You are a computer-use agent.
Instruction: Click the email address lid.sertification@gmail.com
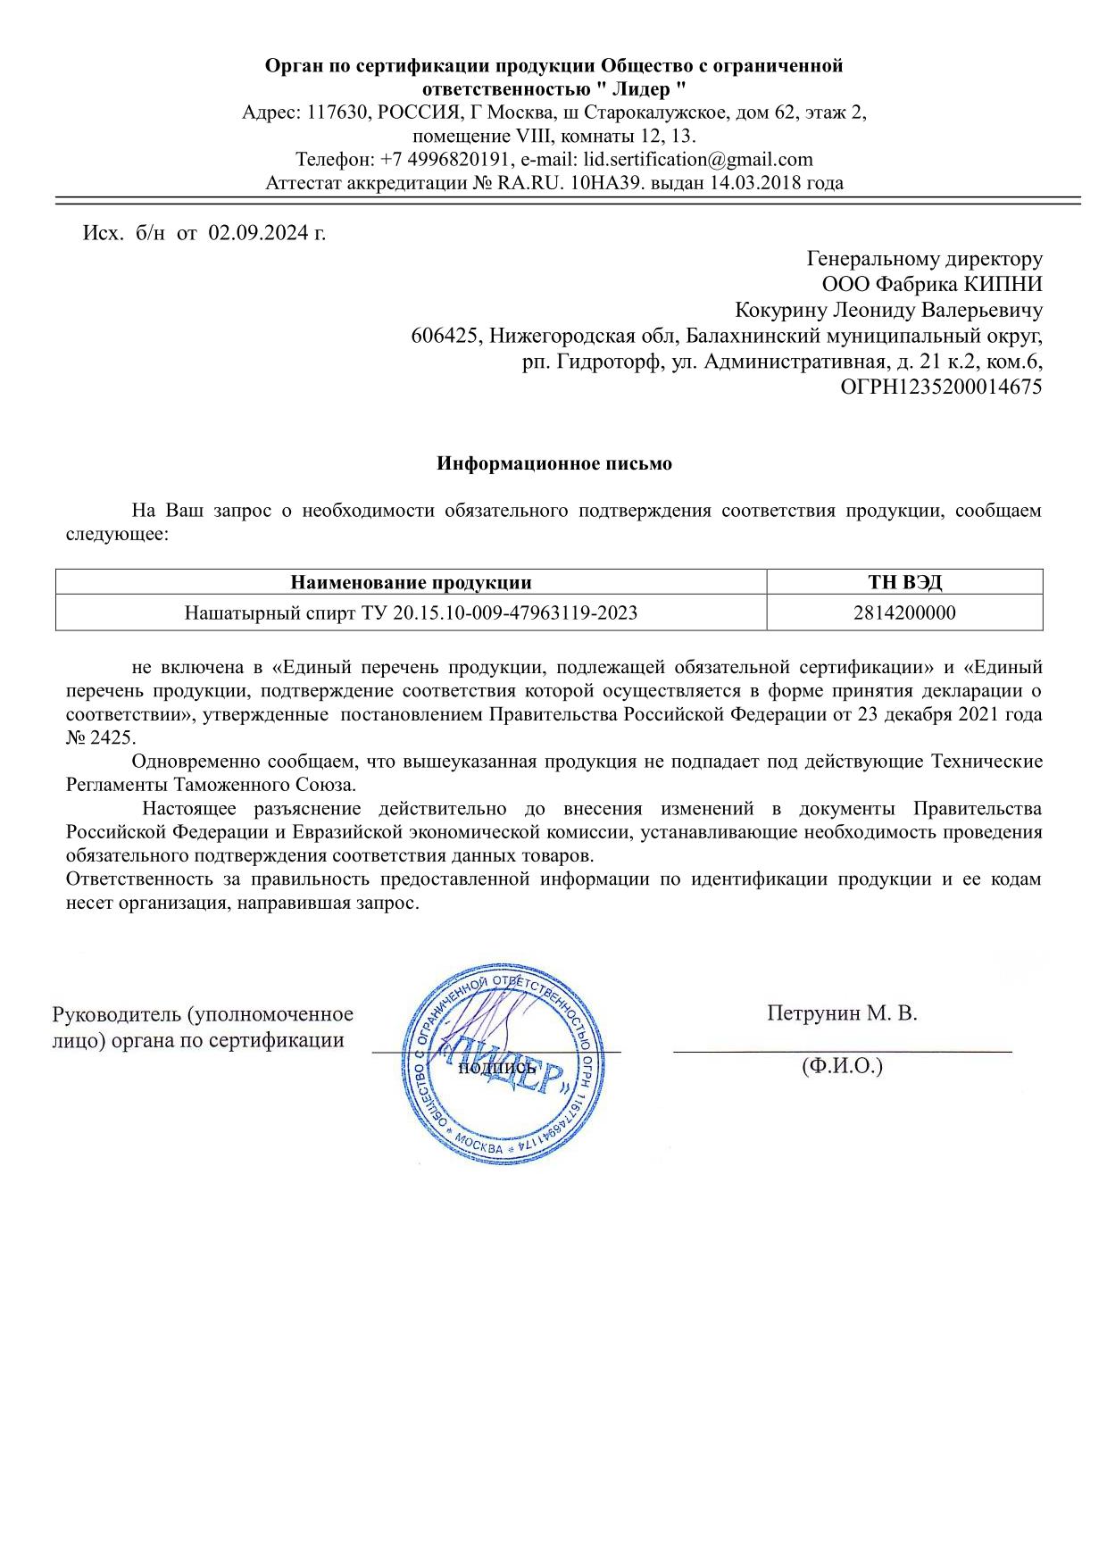(697, 160)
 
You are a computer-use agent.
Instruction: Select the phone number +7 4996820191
(445, 160)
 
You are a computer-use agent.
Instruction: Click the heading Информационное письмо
(553, 464)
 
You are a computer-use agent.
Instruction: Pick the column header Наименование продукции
(411, 583)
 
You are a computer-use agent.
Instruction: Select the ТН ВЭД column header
(904, 583)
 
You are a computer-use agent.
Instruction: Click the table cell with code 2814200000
(904, 613)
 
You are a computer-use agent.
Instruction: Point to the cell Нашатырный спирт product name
(411, 613)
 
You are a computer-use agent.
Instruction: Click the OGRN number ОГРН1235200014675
(941, 387)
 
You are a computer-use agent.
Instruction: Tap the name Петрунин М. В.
(842, 1013)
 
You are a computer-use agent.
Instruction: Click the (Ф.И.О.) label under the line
(842, 1065)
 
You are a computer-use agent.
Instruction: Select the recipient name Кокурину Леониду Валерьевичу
(888, 311)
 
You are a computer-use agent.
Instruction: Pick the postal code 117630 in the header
(337, 113)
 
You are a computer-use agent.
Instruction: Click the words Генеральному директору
(924, 259)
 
